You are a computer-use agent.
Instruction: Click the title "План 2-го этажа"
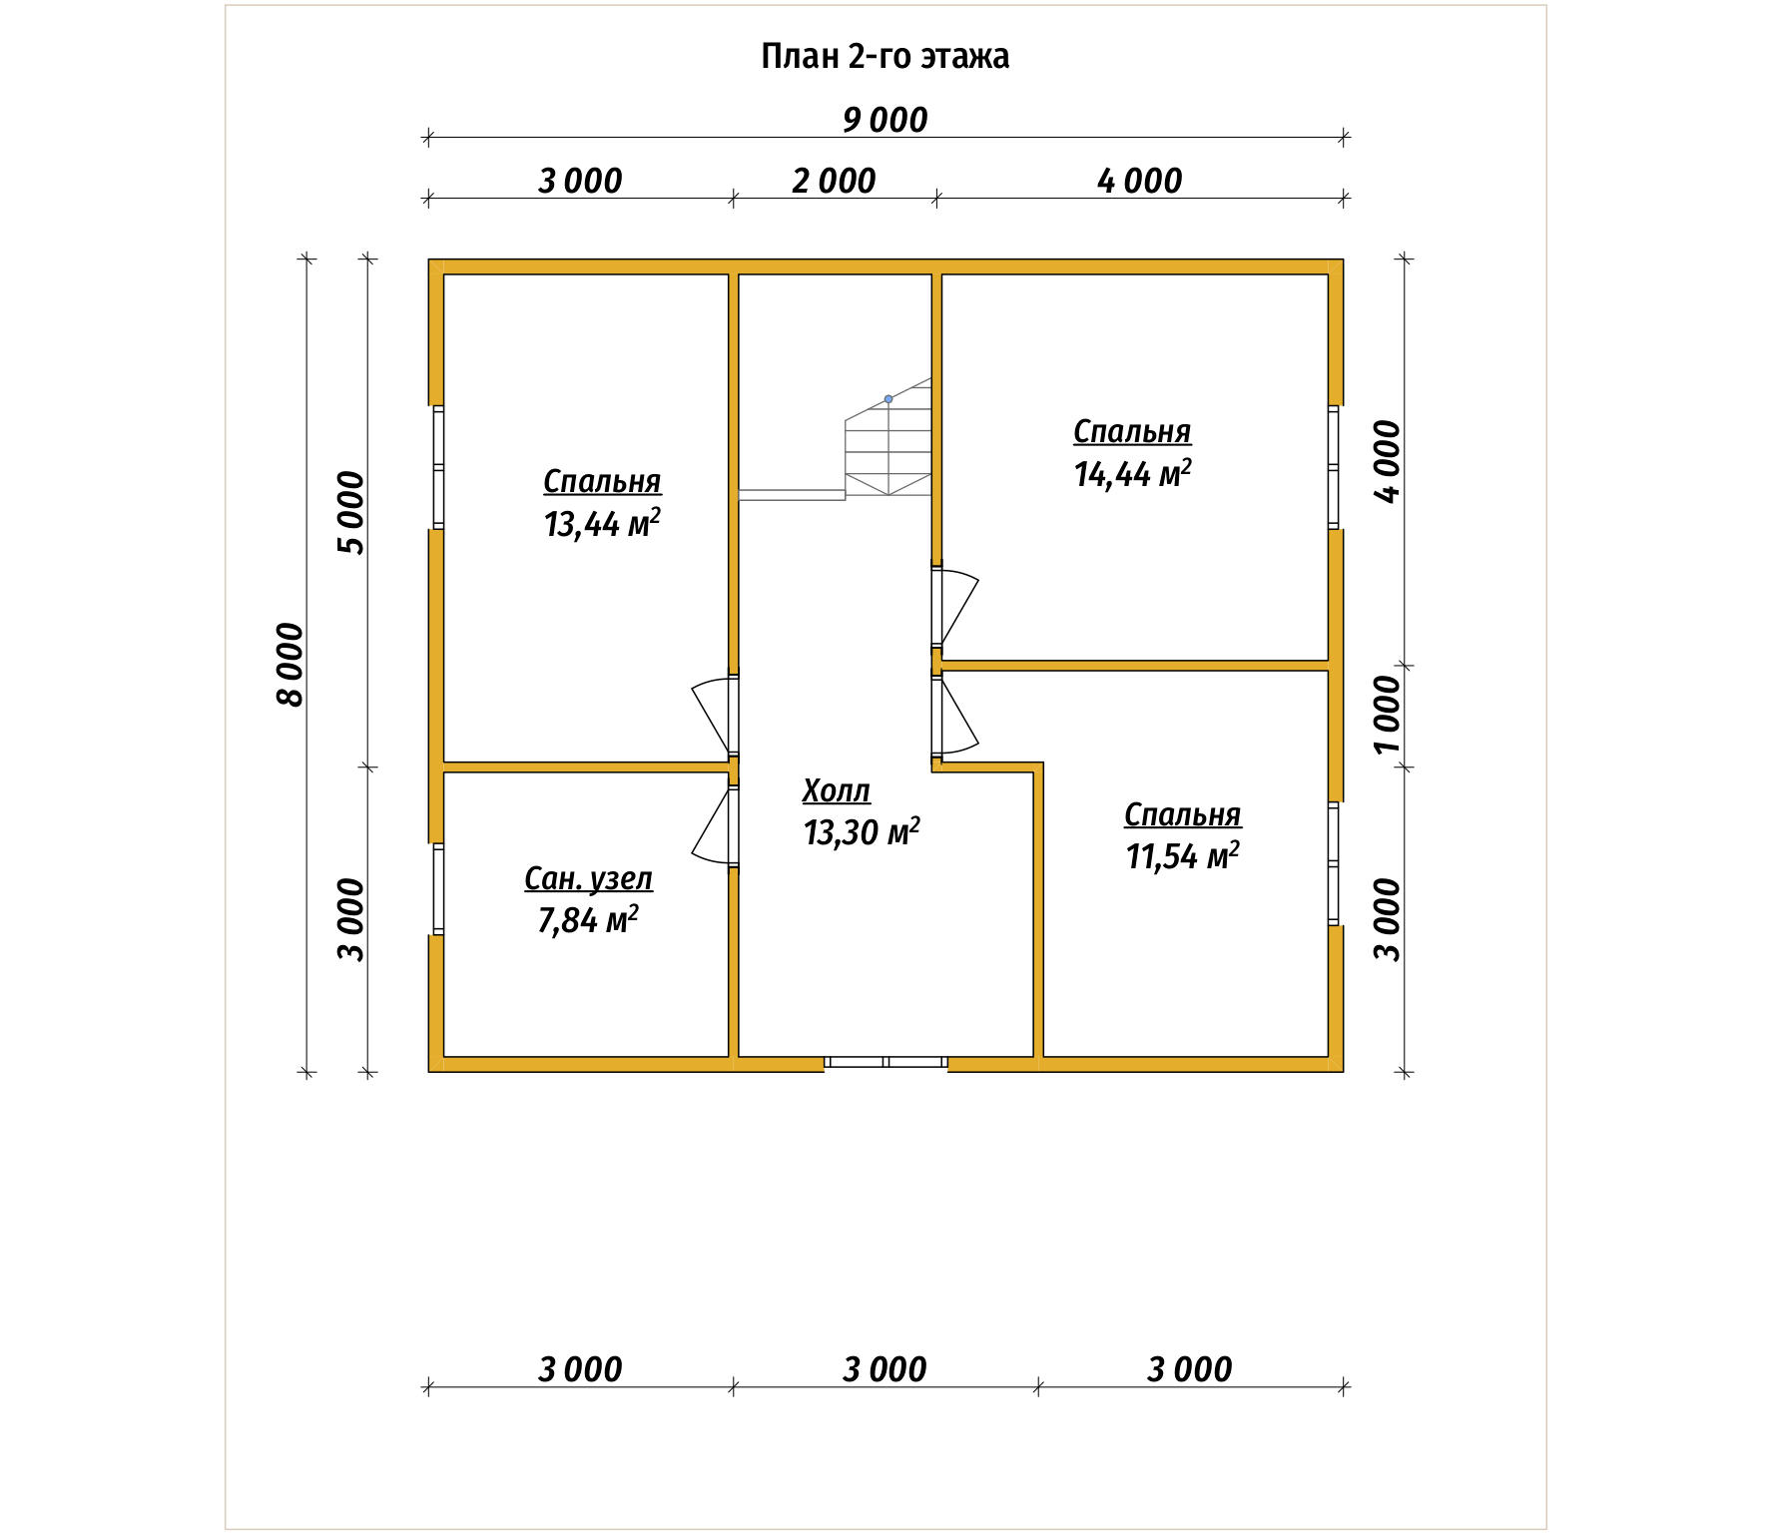click(x=884, y=57)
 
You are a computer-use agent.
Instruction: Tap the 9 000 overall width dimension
click(x=885, y=120)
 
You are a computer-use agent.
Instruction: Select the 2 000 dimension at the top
click(x=834, y=181)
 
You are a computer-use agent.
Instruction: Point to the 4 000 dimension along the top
click(x=1139, y=181)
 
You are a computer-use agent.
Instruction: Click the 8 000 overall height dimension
click(x=290, y=665)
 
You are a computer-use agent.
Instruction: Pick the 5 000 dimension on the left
click(x=351, y=512)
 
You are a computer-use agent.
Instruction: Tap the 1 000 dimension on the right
click(x=1388, y=715)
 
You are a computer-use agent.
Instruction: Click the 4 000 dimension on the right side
click(x=1388, y=462)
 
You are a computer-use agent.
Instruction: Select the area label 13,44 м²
click(x=602, y=523)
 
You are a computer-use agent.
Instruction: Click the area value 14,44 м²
click(x=1132, y=473)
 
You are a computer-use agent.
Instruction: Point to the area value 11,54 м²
click(x=1183, y=856)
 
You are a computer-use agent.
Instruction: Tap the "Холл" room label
click(x=837, y=791)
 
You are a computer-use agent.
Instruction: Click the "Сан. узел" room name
click(x=588, y=879)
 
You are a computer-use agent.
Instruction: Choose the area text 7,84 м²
click(x=588, y=920)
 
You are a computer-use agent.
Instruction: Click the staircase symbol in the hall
click(x=887, y=438)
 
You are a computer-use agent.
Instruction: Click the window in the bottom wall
click(x=885, y=1062)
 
